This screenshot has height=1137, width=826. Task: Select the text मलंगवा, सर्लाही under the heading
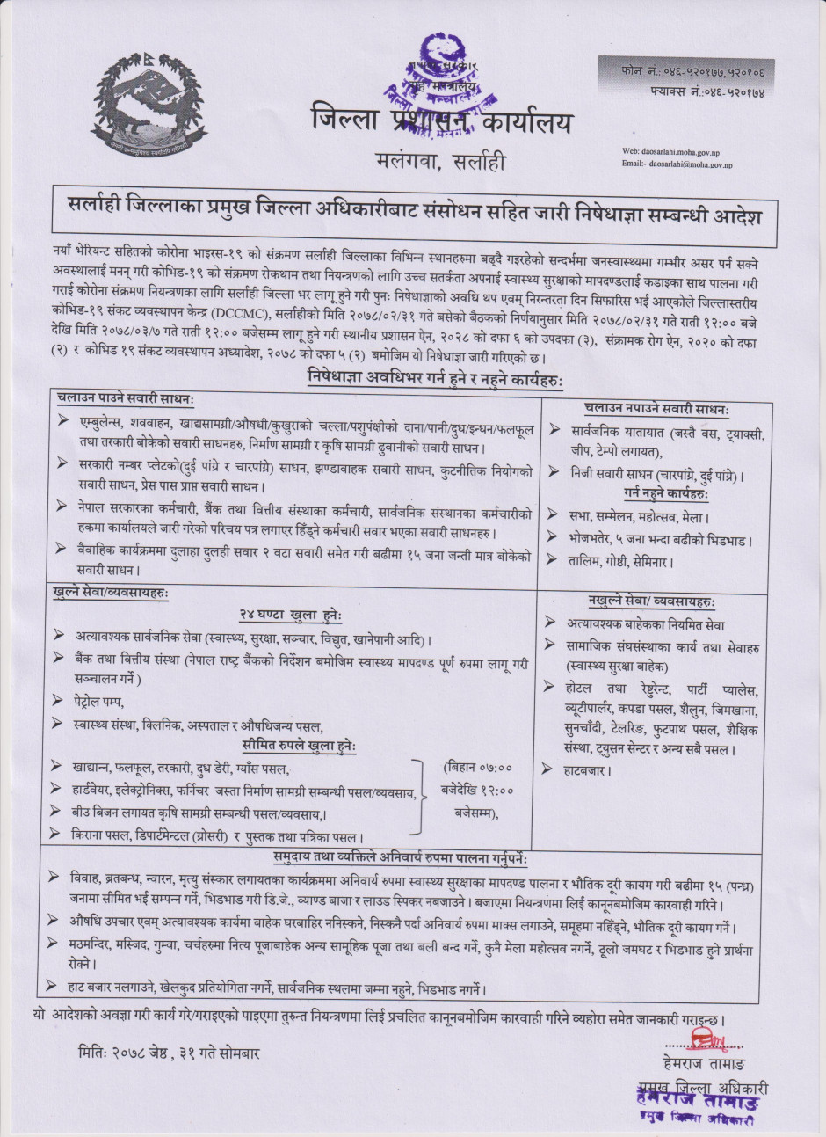[x=437, y=162]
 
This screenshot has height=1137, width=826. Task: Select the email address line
[x=677, y=164]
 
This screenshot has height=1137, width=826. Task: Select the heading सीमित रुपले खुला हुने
[x=299, y=746]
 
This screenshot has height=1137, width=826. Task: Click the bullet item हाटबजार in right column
[x=589, y=770]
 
